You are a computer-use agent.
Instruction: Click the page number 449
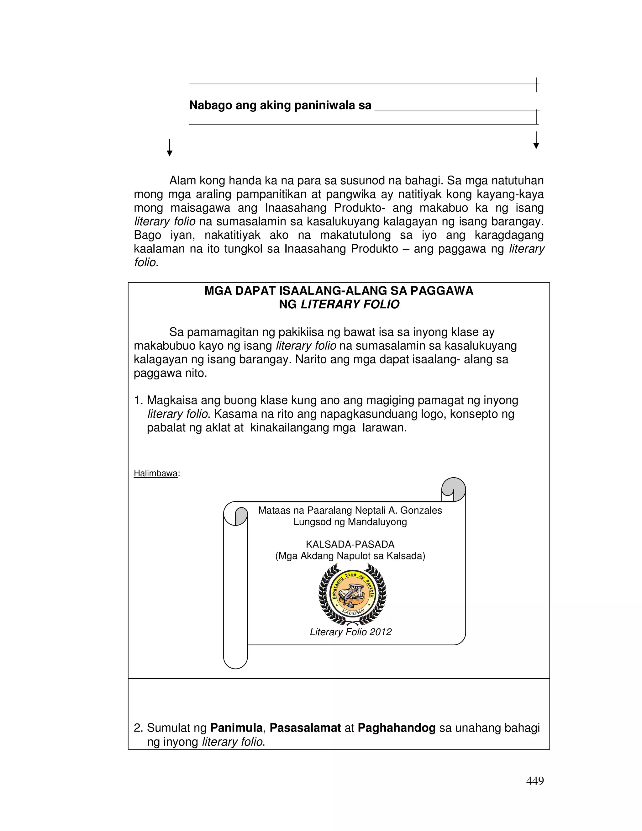[x=534, y=781]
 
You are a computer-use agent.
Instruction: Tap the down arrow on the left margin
[x=170, y=148]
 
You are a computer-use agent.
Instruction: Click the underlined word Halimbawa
[x=155, y=473]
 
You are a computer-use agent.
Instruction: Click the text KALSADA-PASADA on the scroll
[x=350, y=544]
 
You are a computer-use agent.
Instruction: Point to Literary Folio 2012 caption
[x=350, y=632]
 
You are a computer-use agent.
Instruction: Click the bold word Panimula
[x=236, y=728]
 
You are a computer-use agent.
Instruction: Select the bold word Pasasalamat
[x=305, y=728]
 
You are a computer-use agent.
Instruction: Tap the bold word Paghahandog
[x=396, y=728]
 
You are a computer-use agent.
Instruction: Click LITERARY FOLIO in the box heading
[x=350, y=304]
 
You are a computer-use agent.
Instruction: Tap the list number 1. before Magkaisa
[x=138, y=400]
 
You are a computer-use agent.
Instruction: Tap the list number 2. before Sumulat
[x=138, y=728]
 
